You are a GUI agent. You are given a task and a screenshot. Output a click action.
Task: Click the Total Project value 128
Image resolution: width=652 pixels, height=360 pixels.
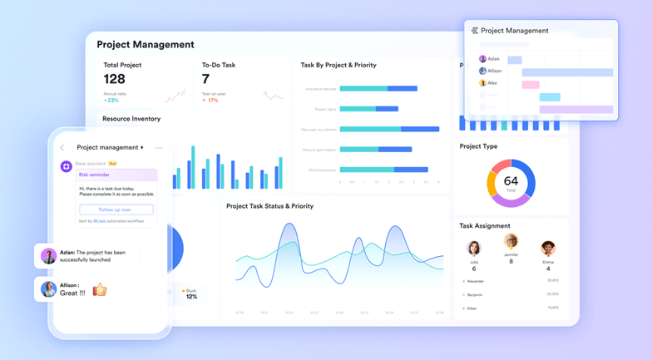115,79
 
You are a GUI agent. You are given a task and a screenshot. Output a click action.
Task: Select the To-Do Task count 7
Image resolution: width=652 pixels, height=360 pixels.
205,79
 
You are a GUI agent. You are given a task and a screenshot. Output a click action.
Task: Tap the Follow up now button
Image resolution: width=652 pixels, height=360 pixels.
116,210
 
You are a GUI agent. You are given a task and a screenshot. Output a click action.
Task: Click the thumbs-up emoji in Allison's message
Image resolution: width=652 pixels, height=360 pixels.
100,289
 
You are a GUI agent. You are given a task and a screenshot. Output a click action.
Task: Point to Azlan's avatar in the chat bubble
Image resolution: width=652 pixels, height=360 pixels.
48,256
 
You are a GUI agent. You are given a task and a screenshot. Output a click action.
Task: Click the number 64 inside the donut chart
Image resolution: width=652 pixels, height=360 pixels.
511,180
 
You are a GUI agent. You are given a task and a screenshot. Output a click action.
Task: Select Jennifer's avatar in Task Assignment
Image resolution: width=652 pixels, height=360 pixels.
511,241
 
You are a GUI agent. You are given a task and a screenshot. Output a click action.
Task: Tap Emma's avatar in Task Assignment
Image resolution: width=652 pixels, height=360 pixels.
547,248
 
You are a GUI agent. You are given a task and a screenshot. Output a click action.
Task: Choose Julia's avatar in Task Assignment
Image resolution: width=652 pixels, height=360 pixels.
474,248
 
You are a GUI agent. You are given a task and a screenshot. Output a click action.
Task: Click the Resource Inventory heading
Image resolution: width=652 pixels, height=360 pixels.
131,119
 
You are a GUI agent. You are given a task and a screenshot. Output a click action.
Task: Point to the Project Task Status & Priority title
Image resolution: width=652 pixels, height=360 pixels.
269,206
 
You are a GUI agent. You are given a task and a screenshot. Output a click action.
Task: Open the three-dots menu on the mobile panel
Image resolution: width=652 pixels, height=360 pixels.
159,148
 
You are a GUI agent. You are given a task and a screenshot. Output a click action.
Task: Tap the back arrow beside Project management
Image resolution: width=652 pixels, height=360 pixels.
62,148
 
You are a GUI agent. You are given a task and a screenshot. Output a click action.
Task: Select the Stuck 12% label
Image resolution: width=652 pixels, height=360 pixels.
190,293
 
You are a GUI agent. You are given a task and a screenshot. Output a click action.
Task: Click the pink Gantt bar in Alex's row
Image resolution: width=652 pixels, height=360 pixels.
531,84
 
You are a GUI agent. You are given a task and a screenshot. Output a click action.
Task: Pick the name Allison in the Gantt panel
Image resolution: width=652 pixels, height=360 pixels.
495,72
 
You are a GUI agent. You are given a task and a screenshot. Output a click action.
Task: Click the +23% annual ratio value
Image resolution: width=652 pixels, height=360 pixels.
111,100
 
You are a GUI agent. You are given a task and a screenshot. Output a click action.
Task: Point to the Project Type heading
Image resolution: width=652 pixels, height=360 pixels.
478,146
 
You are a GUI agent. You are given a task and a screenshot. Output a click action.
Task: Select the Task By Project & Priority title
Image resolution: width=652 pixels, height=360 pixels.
338,65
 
